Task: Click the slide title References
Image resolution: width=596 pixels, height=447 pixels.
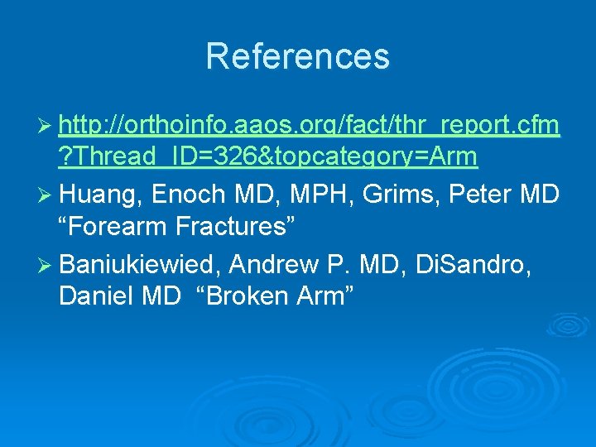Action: [x=297, y=56]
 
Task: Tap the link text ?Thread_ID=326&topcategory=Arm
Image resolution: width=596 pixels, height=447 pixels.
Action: [x=268, y=156]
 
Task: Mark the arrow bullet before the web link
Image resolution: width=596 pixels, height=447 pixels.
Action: [x=46, y=126]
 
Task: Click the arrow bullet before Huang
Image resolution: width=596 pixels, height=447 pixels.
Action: [x=46, y=195]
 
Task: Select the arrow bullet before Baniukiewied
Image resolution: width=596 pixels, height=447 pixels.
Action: [x=46, y=265]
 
